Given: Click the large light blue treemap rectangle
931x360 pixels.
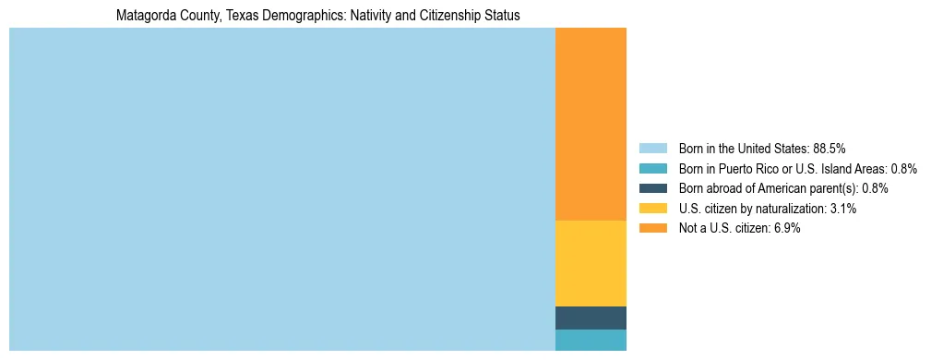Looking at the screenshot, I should tap(281, 189).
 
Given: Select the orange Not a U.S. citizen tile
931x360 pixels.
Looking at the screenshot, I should tap(591, 125).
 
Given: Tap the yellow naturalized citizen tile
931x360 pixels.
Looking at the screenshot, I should tap(591, 263).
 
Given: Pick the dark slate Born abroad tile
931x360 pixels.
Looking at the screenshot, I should tap(591, 318).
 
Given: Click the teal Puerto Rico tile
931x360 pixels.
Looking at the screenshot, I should tap(591, 340).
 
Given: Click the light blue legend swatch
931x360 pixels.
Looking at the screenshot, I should tap(652, 148).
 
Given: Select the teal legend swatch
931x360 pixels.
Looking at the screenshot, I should tap(652, 168).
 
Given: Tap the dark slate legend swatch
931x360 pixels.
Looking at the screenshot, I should tap(652, 188).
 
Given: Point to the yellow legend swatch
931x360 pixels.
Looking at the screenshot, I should tap(652, 209).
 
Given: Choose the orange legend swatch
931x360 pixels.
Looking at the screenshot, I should tap(652, 229).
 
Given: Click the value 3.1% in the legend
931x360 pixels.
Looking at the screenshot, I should tap(843, 209).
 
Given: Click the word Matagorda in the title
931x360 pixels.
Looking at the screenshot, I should tap(146, 16).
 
